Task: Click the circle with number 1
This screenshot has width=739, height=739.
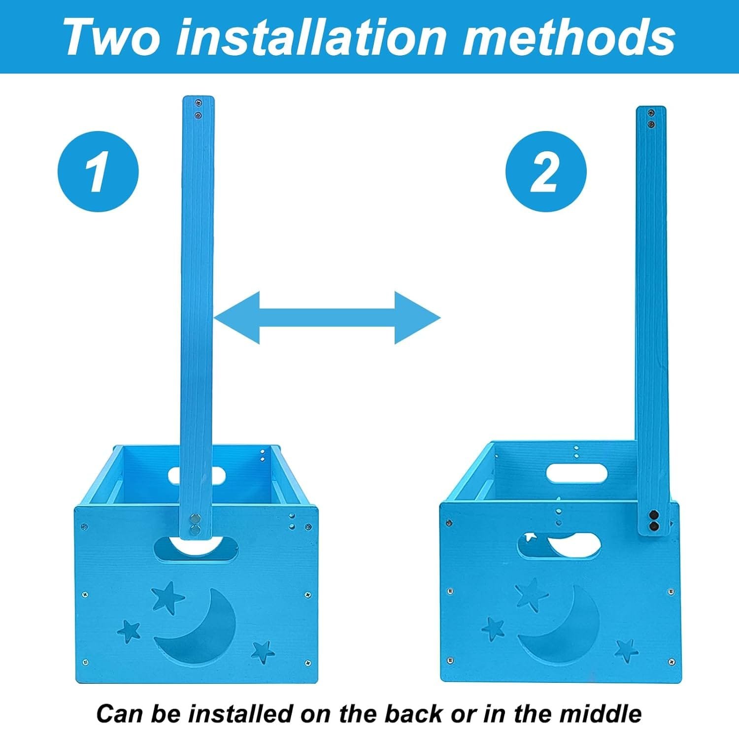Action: click(98, 171)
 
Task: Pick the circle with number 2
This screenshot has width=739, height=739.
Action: click(546, 171)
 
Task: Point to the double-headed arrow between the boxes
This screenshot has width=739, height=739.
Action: click(327, 317)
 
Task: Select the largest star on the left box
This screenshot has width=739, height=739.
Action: click(168, 598)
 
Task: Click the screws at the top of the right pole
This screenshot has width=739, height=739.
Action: click(651, 119)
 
